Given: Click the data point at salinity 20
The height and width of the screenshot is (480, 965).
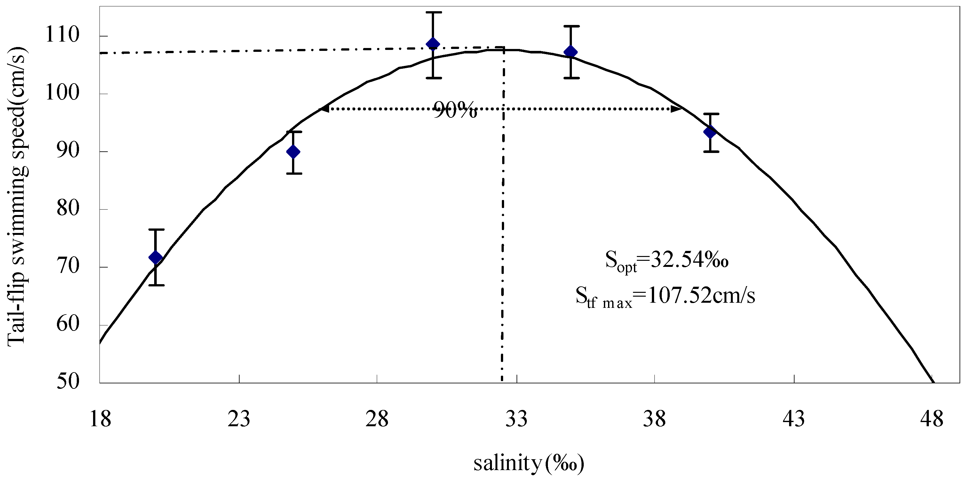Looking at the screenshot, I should point(155,257).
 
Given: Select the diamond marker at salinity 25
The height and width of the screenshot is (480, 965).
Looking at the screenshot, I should point(293,152).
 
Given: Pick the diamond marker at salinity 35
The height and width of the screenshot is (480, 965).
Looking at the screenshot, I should point(571,52).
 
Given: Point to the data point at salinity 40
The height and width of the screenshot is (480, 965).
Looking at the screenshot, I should point(710,132).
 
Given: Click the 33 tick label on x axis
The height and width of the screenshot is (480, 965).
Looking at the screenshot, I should point(517,419).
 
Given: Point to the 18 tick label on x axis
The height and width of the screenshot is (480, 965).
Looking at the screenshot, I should point(100,419).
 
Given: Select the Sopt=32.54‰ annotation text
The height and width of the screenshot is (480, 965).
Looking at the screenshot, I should point(667,260).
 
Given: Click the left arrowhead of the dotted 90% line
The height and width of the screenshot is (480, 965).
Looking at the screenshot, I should point(324,109).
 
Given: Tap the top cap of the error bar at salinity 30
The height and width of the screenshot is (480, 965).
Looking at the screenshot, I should point(433,12).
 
